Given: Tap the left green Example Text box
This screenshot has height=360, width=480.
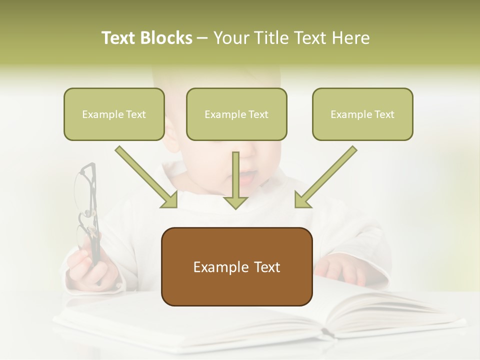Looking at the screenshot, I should pos(114,114).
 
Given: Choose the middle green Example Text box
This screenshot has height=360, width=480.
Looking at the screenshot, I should pos(236,114).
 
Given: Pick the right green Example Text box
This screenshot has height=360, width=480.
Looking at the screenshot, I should pos(362,114).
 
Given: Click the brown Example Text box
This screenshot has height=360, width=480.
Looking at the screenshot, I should pos(236,266).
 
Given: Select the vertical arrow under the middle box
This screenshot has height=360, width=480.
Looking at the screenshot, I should pos(235,180).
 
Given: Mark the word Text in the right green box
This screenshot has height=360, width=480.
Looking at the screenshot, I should pos(384,114).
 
